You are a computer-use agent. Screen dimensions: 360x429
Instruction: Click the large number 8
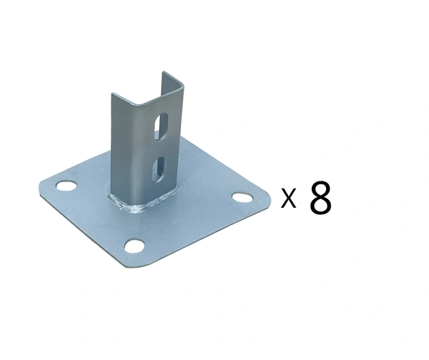click(320, 198)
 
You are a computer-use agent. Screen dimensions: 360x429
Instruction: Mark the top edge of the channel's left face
click(126, 95)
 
